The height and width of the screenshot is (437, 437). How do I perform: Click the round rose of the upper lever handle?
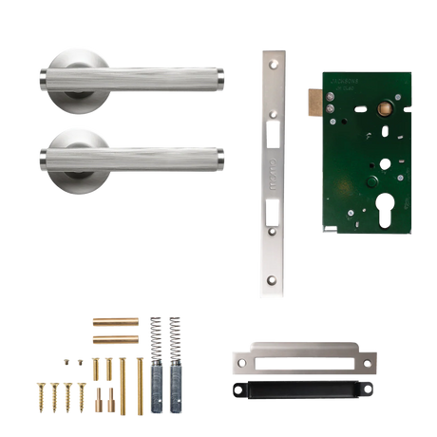(x=74, y=72)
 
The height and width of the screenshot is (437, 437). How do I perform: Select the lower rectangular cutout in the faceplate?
(x=272, y=212)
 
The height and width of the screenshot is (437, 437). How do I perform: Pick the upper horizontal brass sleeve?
(x=115, y=320)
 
